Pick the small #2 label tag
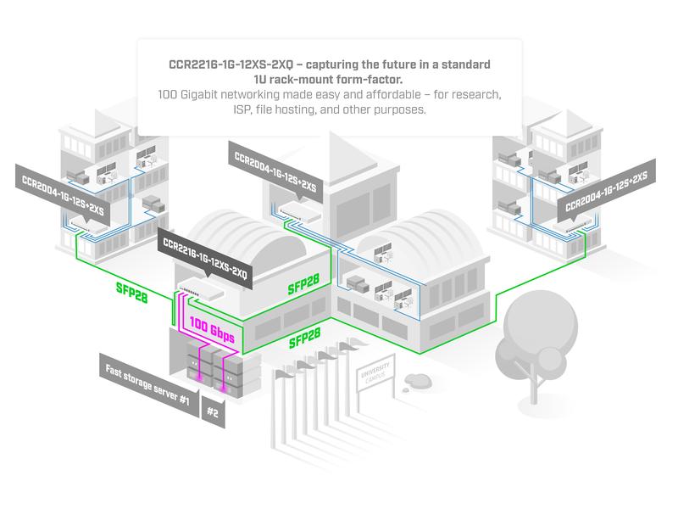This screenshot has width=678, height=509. pyautogui.click(x=213, y=414)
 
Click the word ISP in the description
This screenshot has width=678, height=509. pyautogui.click(x=247, y=110)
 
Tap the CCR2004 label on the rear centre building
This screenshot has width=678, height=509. pyautogui.click(x=271, y=166)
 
